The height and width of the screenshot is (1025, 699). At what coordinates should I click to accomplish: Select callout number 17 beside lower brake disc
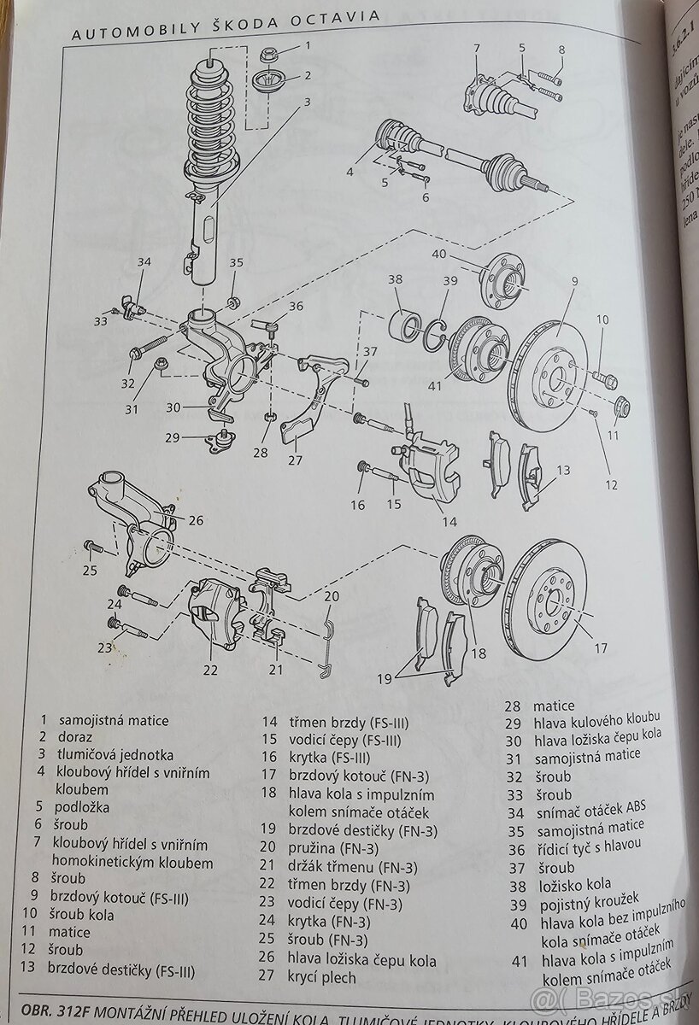click(x=602, y=647)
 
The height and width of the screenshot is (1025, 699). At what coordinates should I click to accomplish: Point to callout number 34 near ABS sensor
click(x=144, y=262)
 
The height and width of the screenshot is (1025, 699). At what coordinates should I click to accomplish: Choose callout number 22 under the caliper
click(x=210, y=670)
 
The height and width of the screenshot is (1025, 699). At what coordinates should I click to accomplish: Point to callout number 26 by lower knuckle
click(x=196, y=519)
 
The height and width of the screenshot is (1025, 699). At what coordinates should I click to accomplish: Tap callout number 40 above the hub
click(x=439, y=253)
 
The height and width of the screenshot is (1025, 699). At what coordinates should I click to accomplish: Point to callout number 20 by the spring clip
click(x=332, y=596)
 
